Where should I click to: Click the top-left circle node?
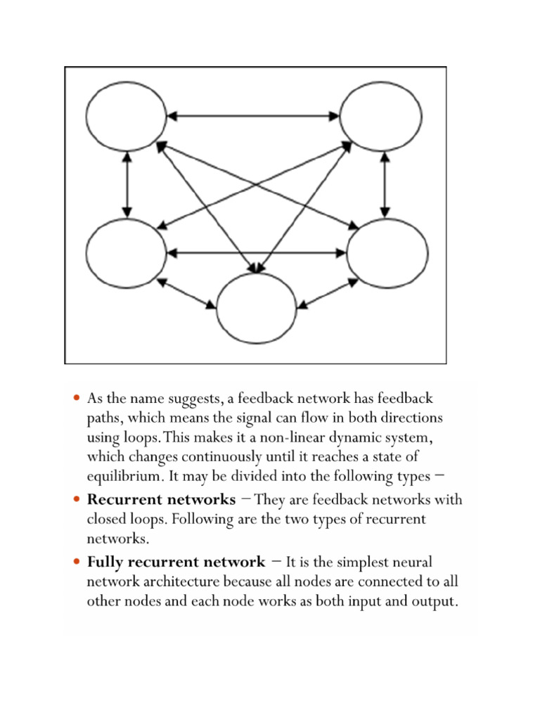coord(127,115)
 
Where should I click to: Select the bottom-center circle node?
coord(256,308)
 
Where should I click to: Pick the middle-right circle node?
coord(387,252)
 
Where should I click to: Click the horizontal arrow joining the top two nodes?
coord(254,115)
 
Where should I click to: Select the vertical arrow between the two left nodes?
coord(127,184)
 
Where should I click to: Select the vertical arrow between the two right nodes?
coord(385,184)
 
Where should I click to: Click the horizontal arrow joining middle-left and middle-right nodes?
coord(257,252)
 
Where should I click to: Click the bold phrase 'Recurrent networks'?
coord(161,500)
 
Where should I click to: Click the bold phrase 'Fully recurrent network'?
coord(176,562)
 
